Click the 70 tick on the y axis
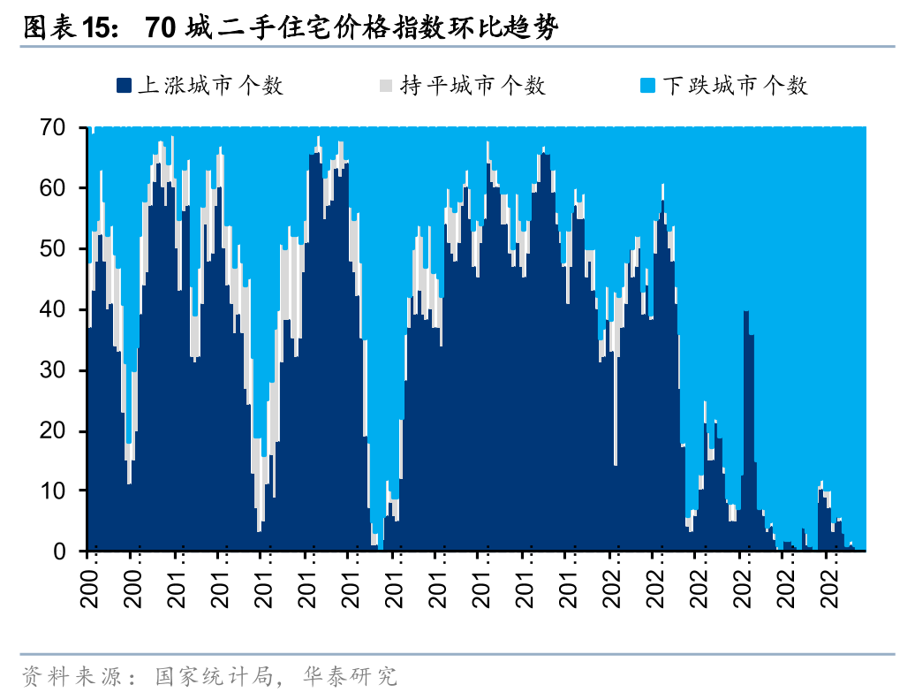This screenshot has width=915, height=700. pyautogui.click(x=65, y=128)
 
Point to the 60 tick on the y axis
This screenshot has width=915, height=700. pyautogui.click(x=65, y=188)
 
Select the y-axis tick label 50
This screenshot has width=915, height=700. pyautogui.click(x=65, y=249)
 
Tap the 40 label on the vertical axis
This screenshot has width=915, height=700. pyautogui.click(x=65, y=309)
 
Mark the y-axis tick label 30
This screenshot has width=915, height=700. pyautogui.click(x=65, y=370)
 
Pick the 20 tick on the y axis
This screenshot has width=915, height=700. pyautogui.click(x=65, y=430)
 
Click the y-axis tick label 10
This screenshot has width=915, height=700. pyautogui.click(x=65, y=491)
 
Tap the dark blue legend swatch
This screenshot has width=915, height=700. pyautogui.click(x=124, y=86)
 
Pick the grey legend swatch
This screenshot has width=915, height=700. pyautogui.click(x=386, y=86)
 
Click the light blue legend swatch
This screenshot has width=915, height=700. pyautogui.click(x=647, y=86)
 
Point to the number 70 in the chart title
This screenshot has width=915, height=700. pyautogui.click(x=162, y=28)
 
